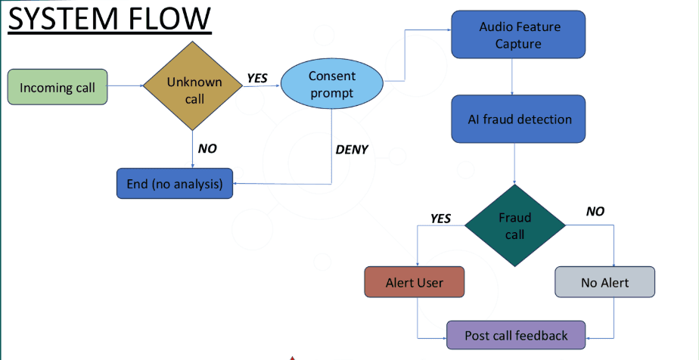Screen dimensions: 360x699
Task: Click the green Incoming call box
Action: pos(57,87)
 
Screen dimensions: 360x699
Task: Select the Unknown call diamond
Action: pos(194,86)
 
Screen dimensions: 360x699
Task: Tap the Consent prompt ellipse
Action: pos(332,85)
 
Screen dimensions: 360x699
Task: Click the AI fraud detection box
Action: pos(518,119)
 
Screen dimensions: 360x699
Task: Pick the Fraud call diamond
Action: pos(514,225)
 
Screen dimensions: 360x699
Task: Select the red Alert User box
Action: pos(415,283)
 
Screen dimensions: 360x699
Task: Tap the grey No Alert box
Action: pos(604,283)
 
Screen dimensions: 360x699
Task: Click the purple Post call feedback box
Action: pos(516,335)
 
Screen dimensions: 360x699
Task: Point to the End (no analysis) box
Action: pos(174,183)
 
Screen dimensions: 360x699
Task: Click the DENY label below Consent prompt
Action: pos(351,150)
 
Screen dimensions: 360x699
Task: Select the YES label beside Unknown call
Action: pos(257,78)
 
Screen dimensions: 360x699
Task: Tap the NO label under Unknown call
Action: pos(207,149)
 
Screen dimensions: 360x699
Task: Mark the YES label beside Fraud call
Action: pos(440,219)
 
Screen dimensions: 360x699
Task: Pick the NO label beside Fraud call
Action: pos(595,211)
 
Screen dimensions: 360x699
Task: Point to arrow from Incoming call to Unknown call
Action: pos(125,86)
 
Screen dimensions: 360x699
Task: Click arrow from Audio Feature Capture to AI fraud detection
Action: pos(514,76)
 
